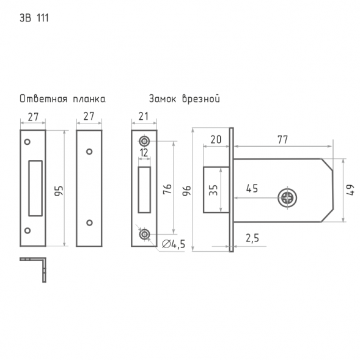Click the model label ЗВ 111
pyautogui.click(x=34, y=18)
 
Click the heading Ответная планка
pyautogui.click(x=62, y=99)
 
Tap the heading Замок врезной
pyautogui.click(x=185, y=99)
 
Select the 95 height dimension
pyautogui.click(x=59, y=191)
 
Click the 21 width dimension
pyautogui.click(x=144, y=116)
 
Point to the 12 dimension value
pyautogui.click(x=144, y=153)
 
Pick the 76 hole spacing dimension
pyautogui.click(x=167, y=189)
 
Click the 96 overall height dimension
pyautogui.click(x=186, y=191)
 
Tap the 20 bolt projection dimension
pyautogui.click(x=216, y=139)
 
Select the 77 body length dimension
pyautogui.click(x=282, y=139)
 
